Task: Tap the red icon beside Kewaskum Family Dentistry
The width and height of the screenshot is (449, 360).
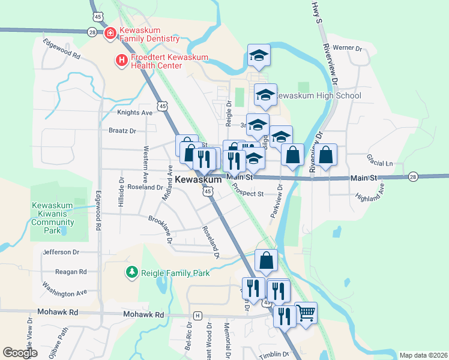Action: click(x=110, y=34)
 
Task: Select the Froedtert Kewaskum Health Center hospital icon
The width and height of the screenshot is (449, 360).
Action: click(x=121, y=60)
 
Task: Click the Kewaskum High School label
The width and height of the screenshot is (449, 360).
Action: click(x=319, y=95)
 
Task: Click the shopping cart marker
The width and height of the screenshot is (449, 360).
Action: click(x=306, y=313)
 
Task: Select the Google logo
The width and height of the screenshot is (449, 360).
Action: click(x=20, y=353)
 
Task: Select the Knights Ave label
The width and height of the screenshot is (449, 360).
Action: click(x=135, y=112)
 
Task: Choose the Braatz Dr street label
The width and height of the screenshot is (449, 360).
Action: click(x=122, y=130)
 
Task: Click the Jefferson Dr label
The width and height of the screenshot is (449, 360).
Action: click(x=61, y=253)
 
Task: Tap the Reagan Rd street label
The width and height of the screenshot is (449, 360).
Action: click(x=71, y=272)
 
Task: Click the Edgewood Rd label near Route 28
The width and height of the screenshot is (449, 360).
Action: click(x=61, y=48)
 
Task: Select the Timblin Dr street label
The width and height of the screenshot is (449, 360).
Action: click(x=276, y=355)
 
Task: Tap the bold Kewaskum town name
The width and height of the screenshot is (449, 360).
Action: click(x=199, y=179)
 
